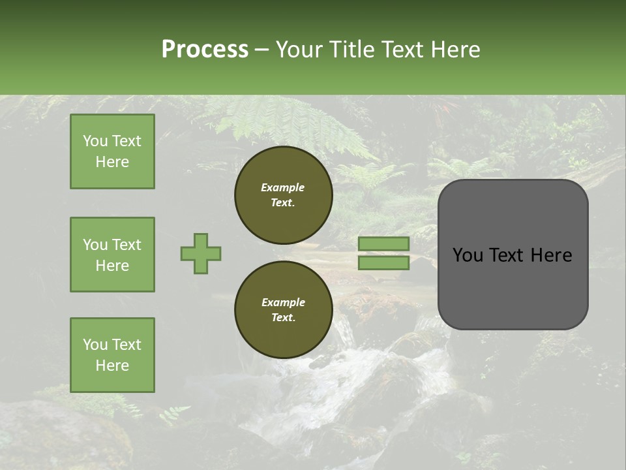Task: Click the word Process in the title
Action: point(205,50)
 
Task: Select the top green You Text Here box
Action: point(112,151)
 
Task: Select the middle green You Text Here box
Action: point(112,255)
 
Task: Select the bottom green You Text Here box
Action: point(112,355)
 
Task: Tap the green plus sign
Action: point(201,253)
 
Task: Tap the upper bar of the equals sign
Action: point(384,243)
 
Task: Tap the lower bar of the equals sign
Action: point(384,263)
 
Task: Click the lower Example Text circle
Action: point(283,309)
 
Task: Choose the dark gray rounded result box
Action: point(513,255)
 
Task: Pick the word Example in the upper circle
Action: point(283,187)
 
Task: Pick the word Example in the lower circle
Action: point(283,302)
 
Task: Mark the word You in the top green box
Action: point(95,141)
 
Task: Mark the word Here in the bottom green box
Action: point(112,366)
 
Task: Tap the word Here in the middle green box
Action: point(112,266)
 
